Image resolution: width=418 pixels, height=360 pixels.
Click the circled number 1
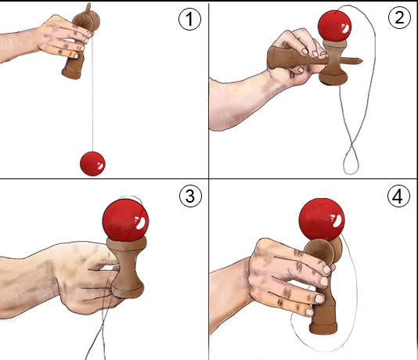click(x=189, y=19)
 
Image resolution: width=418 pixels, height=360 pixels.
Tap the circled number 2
click(x=399, y=17)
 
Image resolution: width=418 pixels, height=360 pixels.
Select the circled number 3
click(x=190, y=196)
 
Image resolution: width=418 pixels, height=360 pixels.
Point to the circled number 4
click(x=398, y=196)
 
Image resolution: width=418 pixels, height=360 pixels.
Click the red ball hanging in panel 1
click(x=92, y=164)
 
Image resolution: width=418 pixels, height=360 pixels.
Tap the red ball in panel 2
click(x=334, y=26)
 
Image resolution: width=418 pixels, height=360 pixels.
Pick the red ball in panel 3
click(x=125, y=220)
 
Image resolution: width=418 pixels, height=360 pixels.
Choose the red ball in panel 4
click(x=322, y=220)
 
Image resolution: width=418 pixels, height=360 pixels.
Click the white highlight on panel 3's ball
click(x=140, y=223)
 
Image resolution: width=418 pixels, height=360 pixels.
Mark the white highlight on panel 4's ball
click(x=336, y=220)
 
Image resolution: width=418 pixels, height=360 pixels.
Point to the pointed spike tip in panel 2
click(x=362, y=61)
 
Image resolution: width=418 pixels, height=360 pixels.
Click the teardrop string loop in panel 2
click(x=351, y=160)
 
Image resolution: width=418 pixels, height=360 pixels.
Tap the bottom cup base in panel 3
click(x=128, y=290)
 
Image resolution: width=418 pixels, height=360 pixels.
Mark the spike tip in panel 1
click(x=88, y=5)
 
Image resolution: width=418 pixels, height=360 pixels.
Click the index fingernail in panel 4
click(x=327, y=269)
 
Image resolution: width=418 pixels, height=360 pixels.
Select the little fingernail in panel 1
click(x=76, y=56)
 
